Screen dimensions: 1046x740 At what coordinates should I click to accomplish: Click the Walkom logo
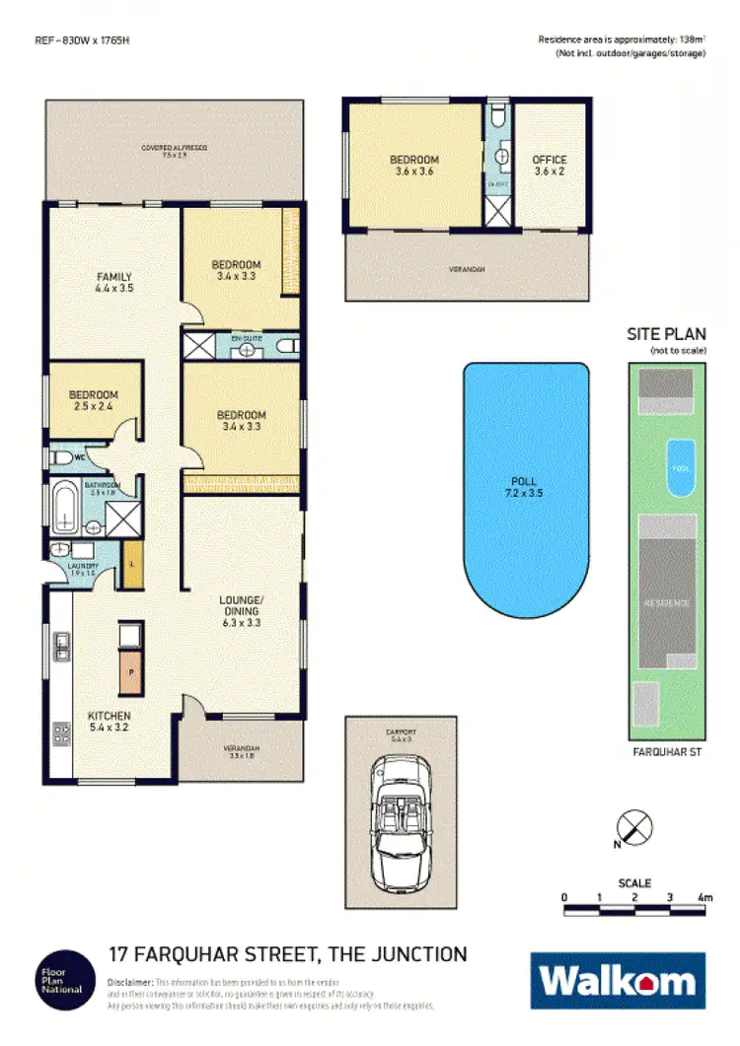(x=619, y=981)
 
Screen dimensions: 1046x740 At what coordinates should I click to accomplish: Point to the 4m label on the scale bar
(x=704, y=897)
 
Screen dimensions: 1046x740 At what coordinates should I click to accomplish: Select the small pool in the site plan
(x=681, y=461)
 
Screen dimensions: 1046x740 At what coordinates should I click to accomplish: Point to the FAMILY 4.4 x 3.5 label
(x=113, y=282)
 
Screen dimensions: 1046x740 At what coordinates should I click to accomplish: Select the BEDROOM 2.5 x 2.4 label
(x=94, y=400)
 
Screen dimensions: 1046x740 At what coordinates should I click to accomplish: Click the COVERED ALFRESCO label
(x=174, y=151)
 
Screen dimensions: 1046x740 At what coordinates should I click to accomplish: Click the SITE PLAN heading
(x=667, y=335)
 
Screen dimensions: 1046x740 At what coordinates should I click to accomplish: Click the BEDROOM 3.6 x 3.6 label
(x=413, y=165)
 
